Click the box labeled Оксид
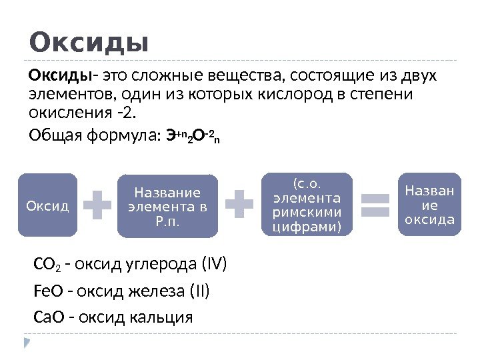click(x=47, y=205)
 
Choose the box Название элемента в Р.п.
click(x=167, y=205)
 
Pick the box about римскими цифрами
click(x=307, y=205)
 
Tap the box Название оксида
click(x=430, y=205)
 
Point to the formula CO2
click(x=44, y=266)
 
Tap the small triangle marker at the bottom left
click(x=27, y=343)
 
